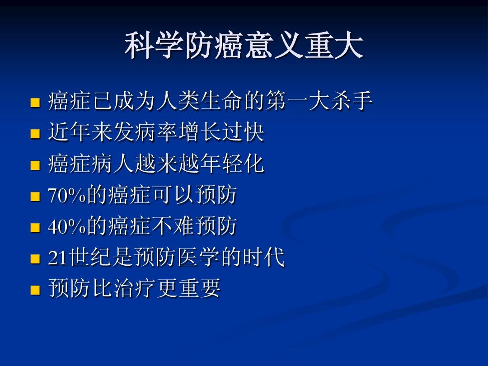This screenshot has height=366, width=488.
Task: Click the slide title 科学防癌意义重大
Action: point(244,46)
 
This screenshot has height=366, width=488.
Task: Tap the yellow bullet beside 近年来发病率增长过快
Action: point(35,134)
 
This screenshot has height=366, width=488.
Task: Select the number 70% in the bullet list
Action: point(67,196)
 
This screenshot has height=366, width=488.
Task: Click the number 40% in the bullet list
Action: point(67,226)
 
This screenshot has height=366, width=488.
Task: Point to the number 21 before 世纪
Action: point(58,258)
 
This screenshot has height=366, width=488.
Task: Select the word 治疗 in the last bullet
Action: point(134,288)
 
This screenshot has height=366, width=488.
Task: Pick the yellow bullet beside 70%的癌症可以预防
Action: point(35,196)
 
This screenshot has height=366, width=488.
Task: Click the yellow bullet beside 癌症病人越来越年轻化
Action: point(35,165)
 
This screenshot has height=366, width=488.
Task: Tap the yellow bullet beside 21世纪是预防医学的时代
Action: point(35,258)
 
